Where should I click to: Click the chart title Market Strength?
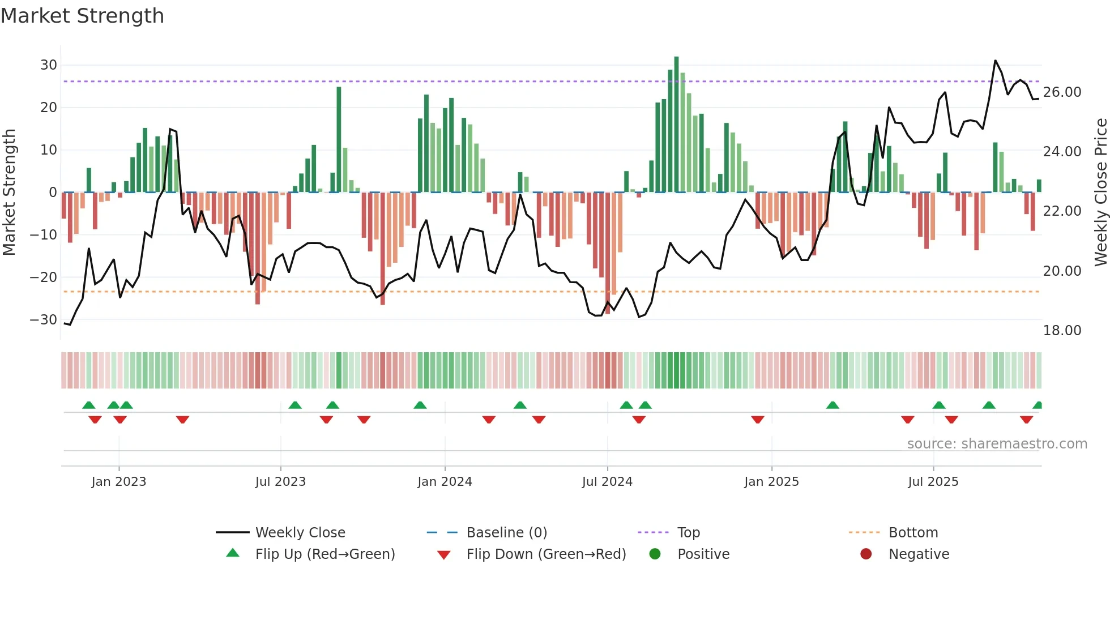82,16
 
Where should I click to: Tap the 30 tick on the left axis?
49,65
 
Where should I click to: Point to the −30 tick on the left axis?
44,320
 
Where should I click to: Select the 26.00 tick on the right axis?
1062,92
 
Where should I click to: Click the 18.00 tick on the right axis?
1062,331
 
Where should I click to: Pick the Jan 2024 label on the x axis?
445,482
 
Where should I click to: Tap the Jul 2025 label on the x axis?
933,482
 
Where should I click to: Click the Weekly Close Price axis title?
1100,193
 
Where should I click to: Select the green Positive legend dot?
655,554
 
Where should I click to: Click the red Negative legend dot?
866,554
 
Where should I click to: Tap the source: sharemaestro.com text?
997,444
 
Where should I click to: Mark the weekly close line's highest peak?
995,61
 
